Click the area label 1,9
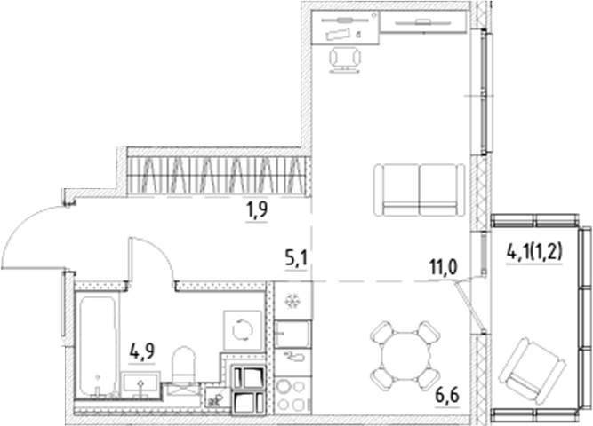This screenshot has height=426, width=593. click(x=257, y=210)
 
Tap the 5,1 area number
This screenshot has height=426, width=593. click(x=295, y=260)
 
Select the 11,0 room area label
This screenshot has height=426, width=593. click(x=441, y=266)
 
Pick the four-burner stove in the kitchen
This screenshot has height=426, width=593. click(x=291, y=396)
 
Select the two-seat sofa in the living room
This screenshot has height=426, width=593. click(x=418, y=189)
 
